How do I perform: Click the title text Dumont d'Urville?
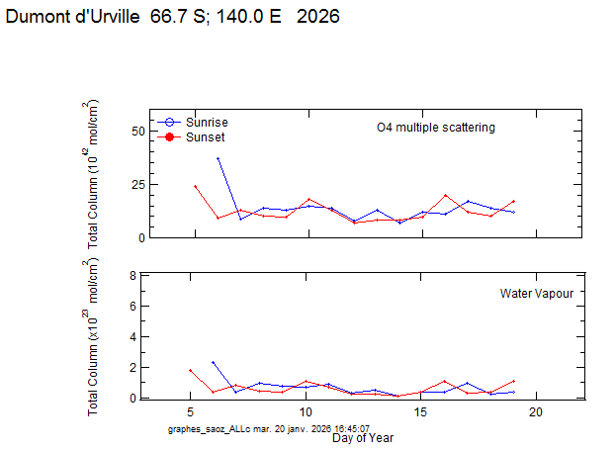73,18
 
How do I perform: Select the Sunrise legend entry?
206,122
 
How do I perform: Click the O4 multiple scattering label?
435,128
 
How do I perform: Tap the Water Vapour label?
536,294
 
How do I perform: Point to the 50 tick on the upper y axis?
138,132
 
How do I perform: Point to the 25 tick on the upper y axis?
138,185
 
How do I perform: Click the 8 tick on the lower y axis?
131,276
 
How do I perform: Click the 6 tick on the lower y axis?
131,306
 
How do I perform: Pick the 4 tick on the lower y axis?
131,336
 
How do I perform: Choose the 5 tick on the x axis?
190,411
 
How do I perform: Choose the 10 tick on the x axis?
306,411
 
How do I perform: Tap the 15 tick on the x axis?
421,411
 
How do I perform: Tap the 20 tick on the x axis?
536,411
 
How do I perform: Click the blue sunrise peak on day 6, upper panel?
218,158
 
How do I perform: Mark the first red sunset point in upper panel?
195,186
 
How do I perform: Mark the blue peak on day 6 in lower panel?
214,362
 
